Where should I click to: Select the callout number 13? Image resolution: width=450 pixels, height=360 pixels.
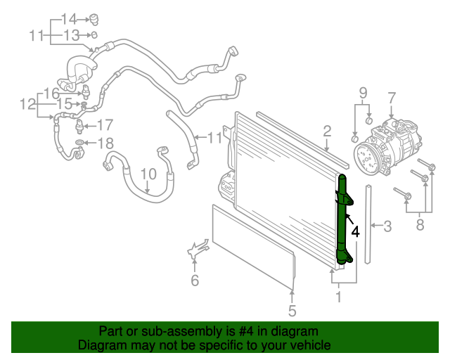(71, 34)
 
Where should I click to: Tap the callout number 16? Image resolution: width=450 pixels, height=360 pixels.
(51, 93)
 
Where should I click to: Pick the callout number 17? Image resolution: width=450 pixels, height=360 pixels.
(105, 125)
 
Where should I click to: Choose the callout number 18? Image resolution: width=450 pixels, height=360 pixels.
(105, 144)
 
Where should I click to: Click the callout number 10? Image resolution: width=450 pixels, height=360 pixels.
(148, 174)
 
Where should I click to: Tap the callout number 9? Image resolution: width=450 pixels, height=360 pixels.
(363, 93)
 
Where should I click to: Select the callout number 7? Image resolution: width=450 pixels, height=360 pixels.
(392, 98)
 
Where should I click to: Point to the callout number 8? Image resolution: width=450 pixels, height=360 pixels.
(420, 225)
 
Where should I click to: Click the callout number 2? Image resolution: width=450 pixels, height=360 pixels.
(327, 130)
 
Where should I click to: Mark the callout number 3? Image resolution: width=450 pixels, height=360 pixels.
(387, 226)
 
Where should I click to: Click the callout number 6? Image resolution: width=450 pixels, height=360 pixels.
(195, 281)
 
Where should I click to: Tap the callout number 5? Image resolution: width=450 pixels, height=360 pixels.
(292, 310)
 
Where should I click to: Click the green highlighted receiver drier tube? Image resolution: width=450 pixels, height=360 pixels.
(344, 221)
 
